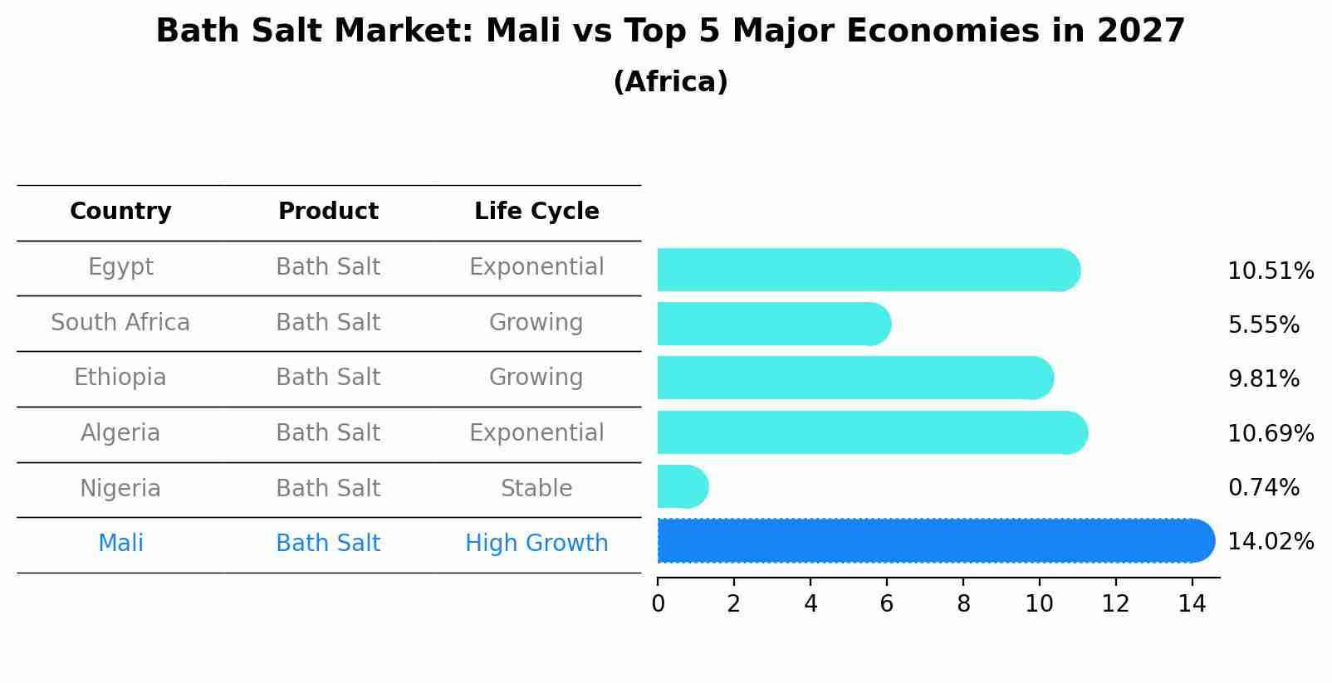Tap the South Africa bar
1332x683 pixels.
(x=772, y=324)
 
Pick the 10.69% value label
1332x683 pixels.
(x=1271, y=434)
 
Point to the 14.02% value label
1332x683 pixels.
(x=1271, y=542)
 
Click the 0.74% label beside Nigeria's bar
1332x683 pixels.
(x=1263, y=488)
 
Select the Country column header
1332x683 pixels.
(x=120, y=212)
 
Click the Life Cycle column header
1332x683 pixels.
(x=536, y=212)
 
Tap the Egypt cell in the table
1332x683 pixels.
(x=120, y=267)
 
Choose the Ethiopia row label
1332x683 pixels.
(x=120, y=378)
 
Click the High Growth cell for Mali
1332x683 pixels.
(x=536, y=544)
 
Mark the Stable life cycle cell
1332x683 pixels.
(x=536, y=489)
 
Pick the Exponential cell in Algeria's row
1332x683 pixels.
(x=536, y=433)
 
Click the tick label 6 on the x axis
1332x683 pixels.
(x=887, y=604)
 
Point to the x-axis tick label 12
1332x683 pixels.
(x=1115, y=604)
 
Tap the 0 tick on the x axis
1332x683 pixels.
(x=658, y=604)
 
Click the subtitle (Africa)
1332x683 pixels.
(x=670, y=82)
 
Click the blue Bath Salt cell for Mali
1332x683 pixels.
(x=328, y=544)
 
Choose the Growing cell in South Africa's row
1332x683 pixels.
(x=536, y=323)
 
